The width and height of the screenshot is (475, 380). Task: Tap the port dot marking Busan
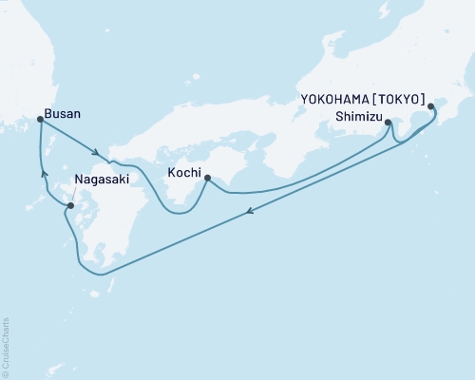39,119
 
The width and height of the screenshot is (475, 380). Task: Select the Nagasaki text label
100,177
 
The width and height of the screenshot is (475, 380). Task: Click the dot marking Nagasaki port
70,204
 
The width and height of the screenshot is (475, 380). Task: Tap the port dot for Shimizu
389,121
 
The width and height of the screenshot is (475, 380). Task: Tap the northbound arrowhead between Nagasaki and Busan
42,172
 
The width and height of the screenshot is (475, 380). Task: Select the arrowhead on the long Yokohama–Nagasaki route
249,214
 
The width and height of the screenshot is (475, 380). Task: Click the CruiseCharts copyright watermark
6,346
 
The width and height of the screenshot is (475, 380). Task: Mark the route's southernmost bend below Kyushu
102,275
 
